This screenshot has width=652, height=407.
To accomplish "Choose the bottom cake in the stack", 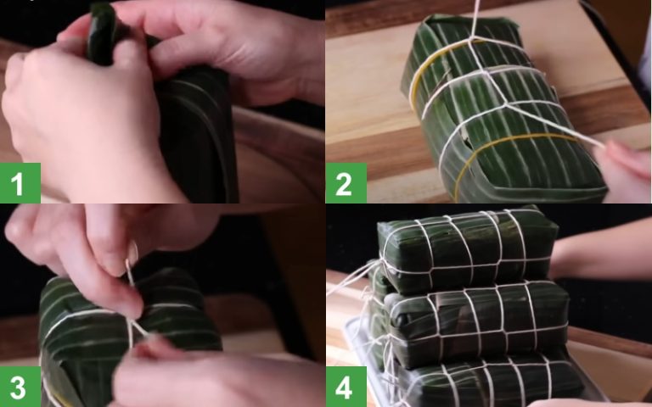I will (484, 382).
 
